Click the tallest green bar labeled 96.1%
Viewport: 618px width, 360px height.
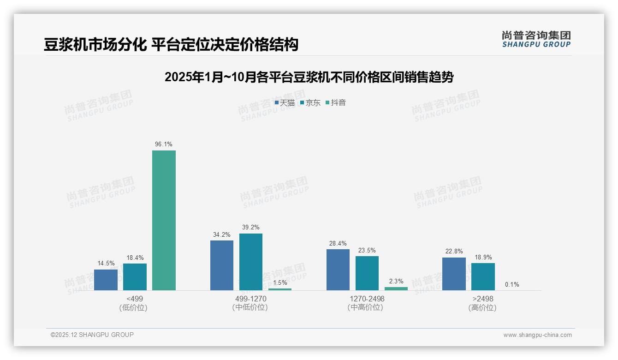164,220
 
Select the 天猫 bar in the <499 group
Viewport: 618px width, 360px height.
106,280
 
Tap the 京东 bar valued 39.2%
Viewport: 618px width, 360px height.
250,262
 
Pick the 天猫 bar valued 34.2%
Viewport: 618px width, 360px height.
222,265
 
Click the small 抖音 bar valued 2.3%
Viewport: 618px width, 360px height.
396,288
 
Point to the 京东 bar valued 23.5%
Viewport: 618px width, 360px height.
367,273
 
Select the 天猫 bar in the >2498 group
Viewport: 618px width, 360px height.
454,274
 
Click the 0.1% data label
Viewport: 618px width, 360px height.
512,284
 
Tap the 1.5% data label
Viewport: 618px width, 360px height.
280,282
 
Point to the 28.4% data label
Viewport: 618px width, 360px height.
338,243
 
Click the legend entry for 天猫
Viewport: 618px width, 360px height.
285,103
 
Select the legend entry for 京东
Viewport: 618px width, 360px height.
310,103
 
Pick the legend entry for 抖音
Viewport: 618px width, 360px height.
336,103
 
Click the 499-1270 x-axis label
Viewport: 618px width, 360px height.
251,299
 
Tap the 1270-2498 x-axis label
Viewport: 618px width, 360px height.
367,299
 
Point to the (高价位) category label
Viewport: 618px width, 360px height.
482,308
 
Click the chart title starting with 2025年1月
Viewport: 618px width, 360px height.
309,77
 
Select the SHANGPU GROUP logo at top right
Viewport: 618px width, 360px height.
536,39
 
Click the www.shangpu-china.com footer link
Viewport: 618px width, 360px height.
537,335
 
